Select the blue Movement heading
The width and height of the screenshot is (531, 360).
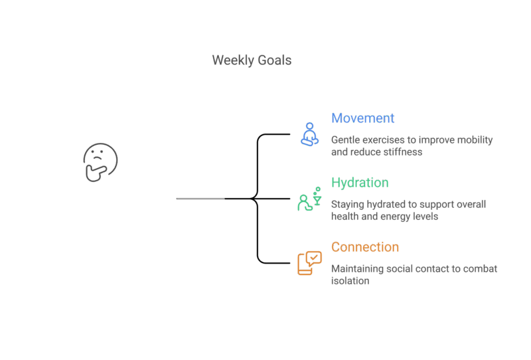(362, 118)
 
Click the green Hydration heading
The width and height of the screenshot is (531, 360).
(360, 183)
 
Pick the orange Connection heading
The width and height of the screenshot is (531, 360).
(365, 247)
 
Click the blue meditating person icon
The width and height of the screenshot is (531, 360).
(309, 134)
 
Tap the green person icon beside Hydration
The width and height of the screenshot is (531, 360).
(304, 203)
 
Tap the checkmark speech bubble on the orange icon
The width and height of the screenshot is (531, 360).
(314, 256)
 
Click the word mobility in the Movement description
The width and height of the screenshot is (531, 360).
(475, 140)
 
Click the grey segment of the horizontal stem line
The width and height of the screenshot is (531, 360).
(200, 199)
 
